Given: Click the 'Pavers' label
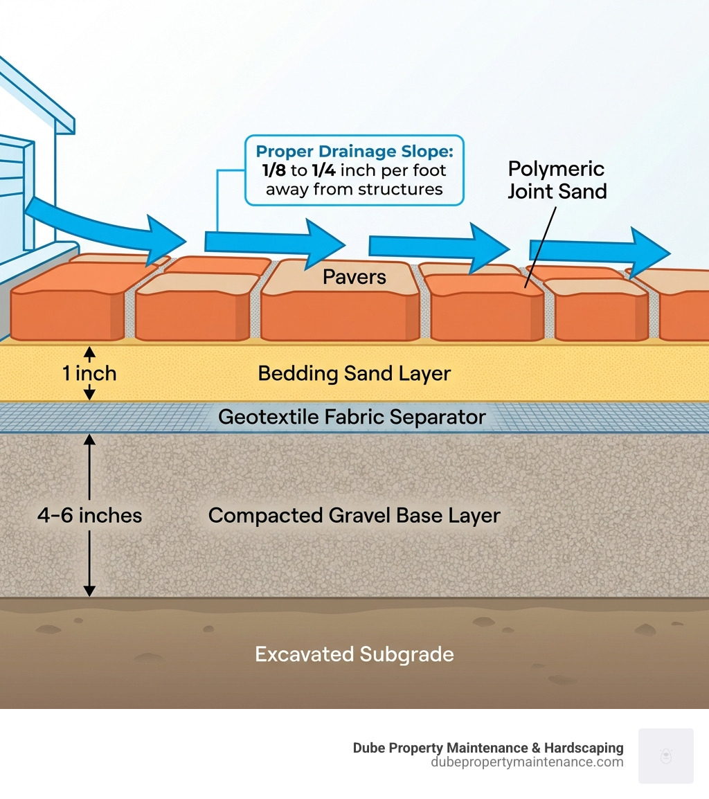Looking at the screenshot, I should pos(354,278).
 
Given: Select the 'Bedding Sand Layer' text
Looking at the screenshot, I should pos(354,374).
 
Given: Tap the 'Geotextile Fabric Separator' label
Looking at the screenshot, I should pos(352,417).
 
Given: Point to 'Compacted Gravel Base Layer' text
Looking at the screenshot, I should pos(354,516).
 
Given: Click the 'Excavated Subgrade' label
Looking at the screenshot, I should pos(354,654).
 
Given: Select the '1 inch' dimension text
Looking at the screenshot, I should pos(89,374).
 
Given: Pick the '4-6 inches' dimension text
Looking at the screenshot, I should pos(90,516).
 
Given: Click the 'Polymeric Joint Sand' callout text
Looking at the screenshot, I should pos(557,180).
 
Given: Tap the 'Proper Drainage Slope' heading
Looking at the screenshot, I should pos(354,152).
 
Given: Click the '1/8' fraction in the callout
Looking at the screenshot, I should pos(272,170).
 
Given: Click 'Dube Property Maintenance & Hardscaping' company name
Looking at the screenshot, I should pos(488,748).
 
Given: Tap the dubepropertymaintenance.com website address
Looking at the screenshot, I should pos(527,762).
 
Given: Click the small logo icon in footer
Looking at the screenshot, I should pos(665,755).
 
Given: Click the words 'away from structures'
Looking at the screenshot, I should pos(354,189).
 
